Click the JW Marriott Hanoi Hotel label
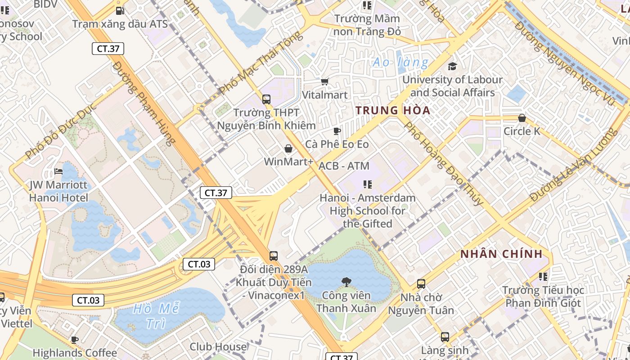(x=58, y=191)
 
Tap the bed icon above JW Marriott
(x=58, y=171)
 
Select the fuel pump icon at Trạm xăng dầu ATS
(x=120, y=10)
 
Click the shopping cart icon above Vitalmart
(x=325, y=81)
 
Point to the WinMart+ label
(x=288, y=162)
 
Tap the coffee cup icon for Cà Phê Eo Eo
(x=337, y=131)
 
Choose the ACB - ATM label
(x=344, y=166)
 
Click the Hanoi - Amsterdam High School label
(x=368, y=211)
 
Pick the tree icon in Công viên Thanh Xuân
(x=346, y=282)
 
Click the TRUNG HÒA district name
(x=393, y=110)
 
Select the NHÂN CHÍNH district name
(x=501, y=254)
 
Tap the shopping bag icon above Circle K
(x=522, y=118)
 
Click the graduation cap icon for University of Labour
(x=452, y=67)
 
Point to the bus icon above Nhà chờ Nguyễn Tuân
(x=421, y=284)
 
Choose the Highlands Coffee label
(x=75, y=353)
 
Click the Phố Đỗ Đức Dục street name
(x=61, y=131)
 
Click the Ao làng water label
(x=400, y=63)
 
